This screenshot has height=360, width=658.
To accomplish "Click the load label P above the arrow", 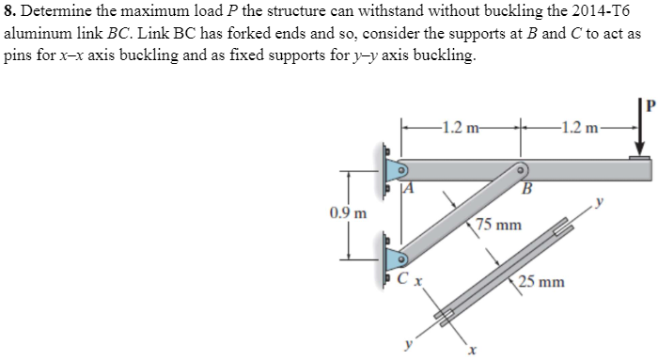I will coord(647,93).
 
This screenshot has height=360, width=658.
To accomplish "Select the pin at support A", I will coord(399,171).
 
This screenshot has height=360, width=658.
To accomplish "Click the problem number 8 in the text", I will coord(9,12).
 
